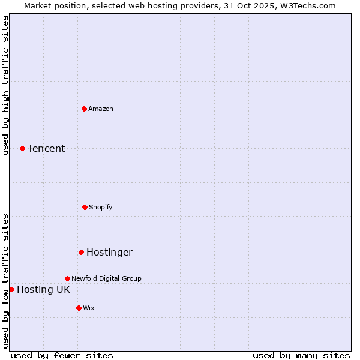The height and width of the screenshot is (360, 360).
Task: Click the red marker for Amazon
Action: click(x=85, y=109)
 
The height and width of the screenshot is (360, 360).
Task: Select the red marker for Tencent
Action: click(x=23, y=148)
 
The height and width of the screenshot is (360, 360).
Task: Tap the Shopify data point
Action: click(x=85, y=207)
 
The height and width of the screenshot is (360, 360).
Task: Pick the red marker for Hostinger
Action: click(x=81, y=252)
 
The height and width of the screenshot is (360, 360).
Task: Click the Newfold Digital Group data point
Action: click(x=67, y=278)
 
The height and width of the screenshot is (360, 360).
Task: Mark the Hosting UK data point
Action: click(x=11, y=289)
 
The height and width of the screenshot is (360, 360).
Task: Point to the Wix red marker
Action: click(x=79, y=308)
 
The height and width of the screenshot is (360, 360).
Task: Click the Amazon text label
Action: click(x=101, y=109)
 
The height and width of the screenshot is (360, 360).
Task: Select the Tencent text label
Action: click(x=46, y=148)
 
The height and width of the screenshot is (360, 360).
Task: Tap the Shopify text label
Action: click(x=101, y=207)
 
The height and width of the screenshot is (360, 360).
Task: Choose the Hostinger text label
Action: click(x=109, y=252)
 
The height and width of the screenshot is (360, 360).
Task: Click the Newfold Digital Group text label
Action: click(x=106, y=278)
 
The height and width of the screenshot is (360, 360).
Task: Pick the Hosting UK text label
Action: click(x=43, y=289)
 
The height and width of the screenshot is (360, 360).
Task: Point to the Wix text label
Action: click(x=89, y=308)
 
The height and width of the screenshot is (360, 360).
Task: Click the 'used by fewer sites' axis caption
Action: click(x=62, y=355)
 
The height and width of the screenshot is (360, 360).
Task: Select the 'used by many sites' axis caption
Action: click(x=301, y=355)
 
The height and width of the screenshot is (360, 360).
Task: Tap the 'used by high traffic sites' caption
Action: click(x=5, y=85)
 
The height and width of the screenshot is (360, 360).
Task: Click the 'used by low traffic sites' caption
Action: click(x=5, y=281)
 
